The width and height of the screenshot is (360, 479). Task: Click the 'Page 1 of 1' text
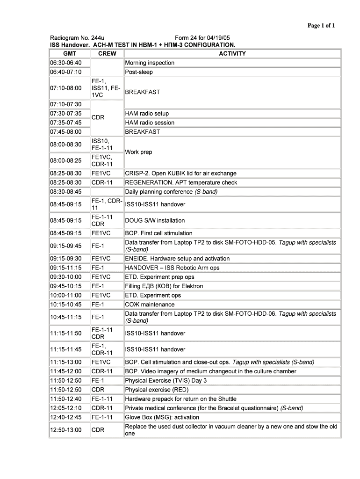321,26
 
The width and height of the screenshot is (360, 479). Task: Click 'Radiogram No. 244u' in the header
77,38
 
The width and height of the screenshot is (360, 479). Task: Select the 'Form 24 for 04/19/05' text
202,38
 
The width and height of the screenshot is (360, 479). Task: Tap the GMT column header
69,54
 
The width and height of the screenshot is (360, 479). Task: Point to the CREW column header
107,54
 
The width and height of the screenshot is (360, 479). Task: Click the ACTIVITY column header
232,54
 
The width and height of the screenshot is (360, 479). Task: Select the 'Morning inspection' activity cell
150,63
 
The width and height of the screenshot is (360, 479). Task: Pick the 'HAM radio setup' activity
147,114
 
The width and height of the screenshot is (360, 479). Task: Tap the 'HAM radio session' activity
150,123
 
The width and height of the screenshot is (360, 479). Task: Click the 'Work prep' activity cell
138,152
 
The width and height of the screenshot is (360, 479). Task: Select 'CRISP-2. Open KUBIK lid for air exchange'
180,174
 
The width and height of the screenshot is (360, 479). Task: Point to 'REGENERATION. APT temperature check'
181,182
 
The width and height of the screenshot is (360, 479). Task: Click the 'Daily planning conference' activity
172,192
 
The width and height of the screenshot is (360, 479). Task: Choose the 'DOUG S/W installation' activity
155,220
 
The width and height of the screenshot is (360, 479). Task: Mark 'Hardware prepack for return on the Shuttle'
180,399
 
